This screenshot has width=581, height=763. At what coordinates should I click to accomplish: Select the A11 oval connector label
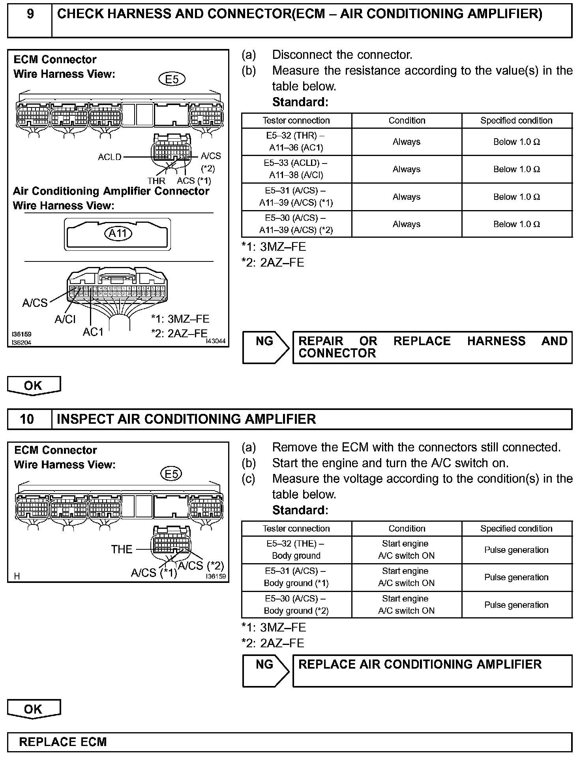coord(118,233)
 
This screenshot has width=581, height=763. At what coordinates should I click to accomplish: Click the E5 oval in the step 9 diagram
coord(172,79)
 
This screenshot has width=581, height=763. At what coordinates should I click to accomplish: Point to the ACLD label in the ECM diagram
coord(110,157)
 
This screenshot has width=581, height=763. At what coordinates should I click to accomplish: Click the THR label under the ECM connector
coord(156,181)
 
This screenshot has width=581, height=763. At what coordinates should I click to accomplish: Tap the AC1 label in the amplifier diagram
coord(93,332)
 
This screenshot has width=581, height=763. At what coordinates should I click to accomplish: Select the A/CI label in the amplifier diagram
coord(65,319)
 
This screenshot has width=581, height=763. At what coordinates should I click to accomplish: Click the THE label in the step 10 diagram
coord(122,549)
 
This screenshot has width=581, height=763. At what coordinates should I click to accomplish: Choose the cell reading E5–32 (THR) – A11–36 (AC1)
coord(296,142)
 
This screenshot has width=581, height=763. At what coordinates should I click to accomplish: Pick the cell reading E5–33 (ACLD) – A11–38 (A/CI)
coord(296,169)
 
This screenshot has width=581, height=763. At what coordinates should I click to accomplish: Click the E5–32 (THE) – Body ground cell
coord(296,550)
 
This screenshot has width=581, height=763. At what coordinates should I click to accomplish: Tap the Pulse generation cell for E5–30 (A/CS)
coord(516,605)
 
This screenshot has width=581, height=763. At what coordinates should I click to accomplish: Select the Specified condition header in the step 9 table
coord(516,120)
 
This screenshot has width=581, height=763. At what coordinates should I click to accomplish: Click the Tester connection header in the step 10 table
coord(296,529)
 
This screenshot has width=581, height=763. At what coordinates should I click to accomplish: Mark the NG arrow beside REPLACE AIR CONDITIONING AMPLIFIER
coord(266,671)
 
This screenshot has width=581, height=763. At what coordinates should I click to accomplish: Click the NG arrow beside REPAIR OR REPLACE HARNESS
coord(266,348)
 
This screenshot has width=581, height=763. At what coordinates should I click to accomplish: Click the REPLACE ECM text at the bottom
coord(63,742)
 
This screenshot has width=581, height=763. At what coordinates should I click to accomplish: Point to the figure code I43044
coord(216,341)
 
